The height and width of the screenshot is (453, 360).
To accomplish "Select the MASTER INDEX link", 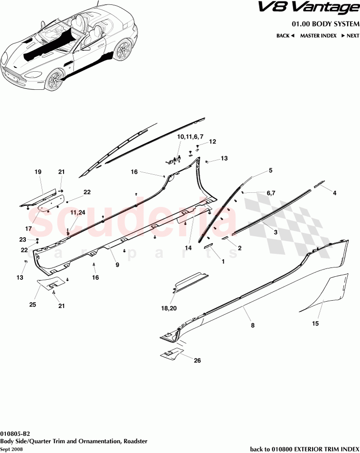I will pyautogui.click(x=318, y=36).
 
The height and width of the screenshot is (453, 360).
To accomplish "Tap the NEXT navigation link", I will pyautogui.click(x=350, y=36).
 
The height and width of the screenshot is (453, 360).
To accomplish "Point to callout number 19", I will pyautogui.click(x=38, y=171).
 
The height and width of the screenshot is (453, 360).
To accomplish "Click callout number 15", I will pyautogui.click(x=316, y=323).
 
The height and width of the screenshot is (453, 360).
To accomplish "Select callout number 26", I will pyautogui.click(x=197, y=361).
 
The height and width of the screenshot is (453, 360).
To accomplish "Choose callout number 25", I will pyautogui.click(x=33, y=305).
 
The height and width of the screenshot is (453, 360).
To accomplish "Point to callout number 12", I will pyautogui.click(x=212, y=142).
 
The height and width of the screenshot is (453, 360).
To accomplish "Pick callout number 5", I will pyautogui.click(x=270, y=170).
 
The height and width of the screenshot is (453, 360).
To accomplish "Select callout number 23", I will pyautogui.click(x=22, y=239).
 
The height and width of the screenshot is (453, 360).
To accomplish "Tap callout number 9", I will pyautogui.click(x=117, y=265).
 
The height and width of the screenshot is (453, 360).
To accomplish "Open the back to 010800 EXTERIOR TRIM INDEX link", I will pyautogui.click(x=304, y=449).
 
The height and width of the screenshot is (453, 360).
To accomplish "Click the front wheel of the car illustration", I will pyautogui.click(x=55, y=80).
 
